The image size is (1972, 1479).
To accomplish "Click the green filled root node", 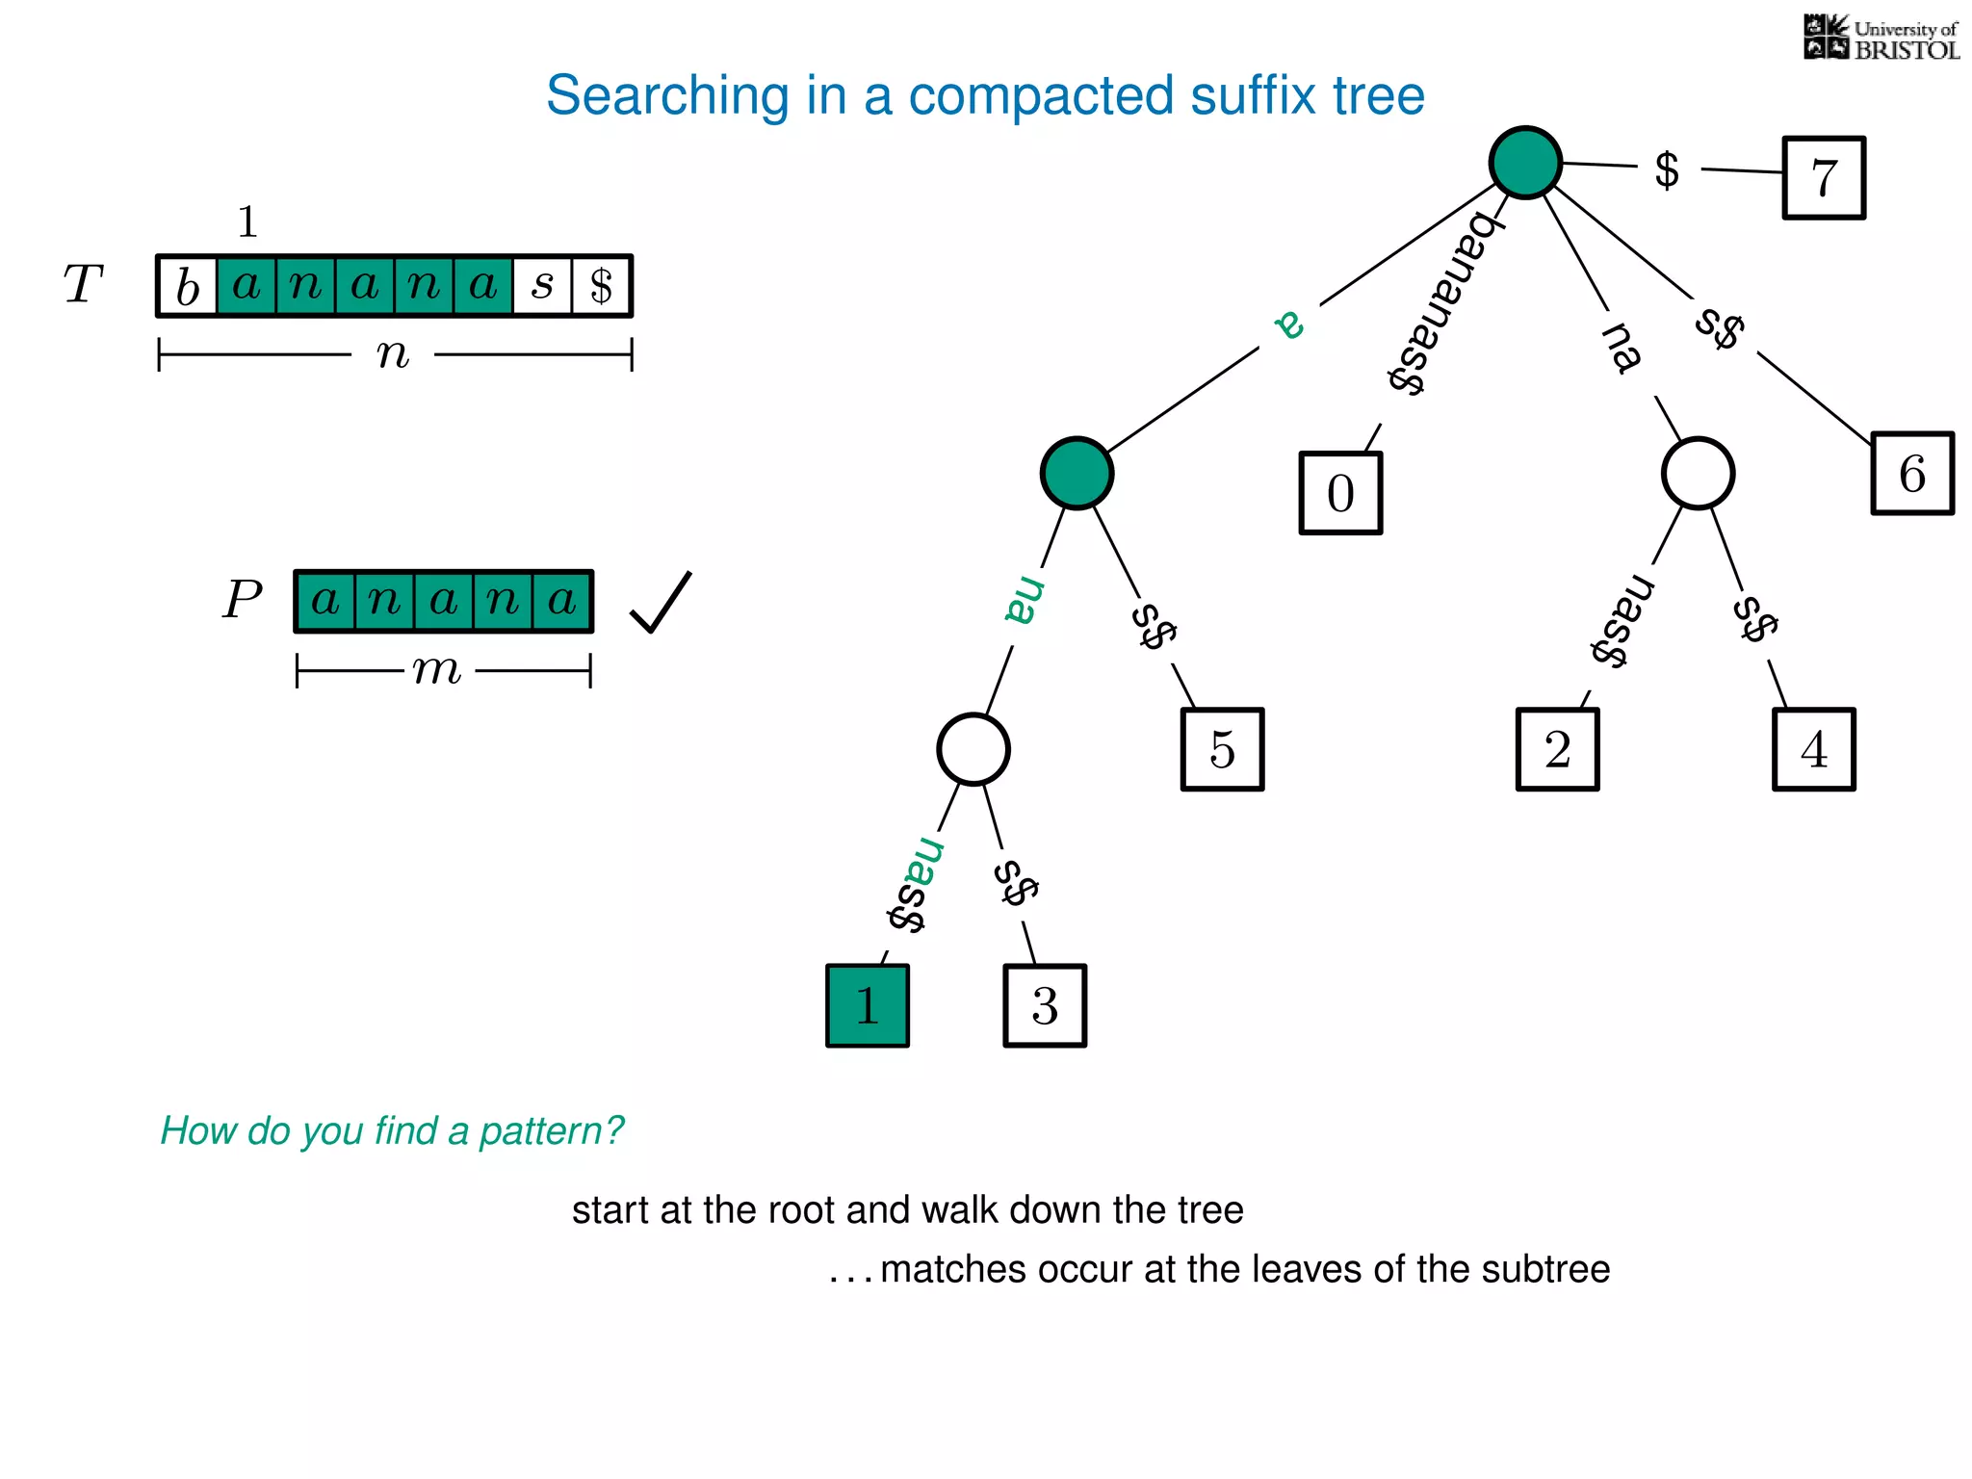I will pos(1525,163).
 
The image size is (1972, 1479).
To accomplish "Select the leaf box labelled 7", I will pos(1824,178).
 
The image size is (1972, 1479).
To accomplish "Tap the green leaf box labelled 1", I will pos(868,1005).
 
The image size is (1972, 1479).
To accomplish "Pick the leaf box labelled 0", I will pos(1340,493).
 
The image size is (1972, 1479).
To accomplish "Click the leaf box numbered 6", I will pos(1912,474).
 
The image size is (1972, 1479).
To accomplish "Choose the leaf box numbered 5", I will pos(1222,749).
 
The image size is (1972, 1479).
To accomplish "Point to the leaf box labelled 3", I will pos(1045,1005).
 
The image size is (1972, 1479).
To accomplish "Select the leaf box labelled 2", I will pos(1557,749).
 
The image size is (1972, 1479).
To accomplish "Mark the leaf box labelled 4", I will pos(1814,749).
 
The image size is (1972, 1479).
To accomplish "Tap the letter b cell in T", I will pos(188,286).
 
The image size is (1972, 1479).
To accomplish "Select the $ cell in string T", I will pos(602,286).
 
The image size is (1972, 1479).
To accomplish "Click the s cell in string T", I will pos(542,286).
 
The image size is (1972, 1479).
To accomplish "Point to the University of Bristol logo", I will pos(1881,38).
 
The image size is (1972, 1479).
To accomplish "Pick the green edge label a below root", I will pos(1290,324).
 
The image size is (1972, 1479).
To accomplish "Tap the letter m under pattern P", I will pos(438,669).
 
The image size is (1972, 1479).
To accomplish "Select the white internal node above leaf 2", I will pos(1698,474).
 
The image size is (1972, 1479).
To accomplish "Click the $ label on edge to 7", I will pos(1667,170).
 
